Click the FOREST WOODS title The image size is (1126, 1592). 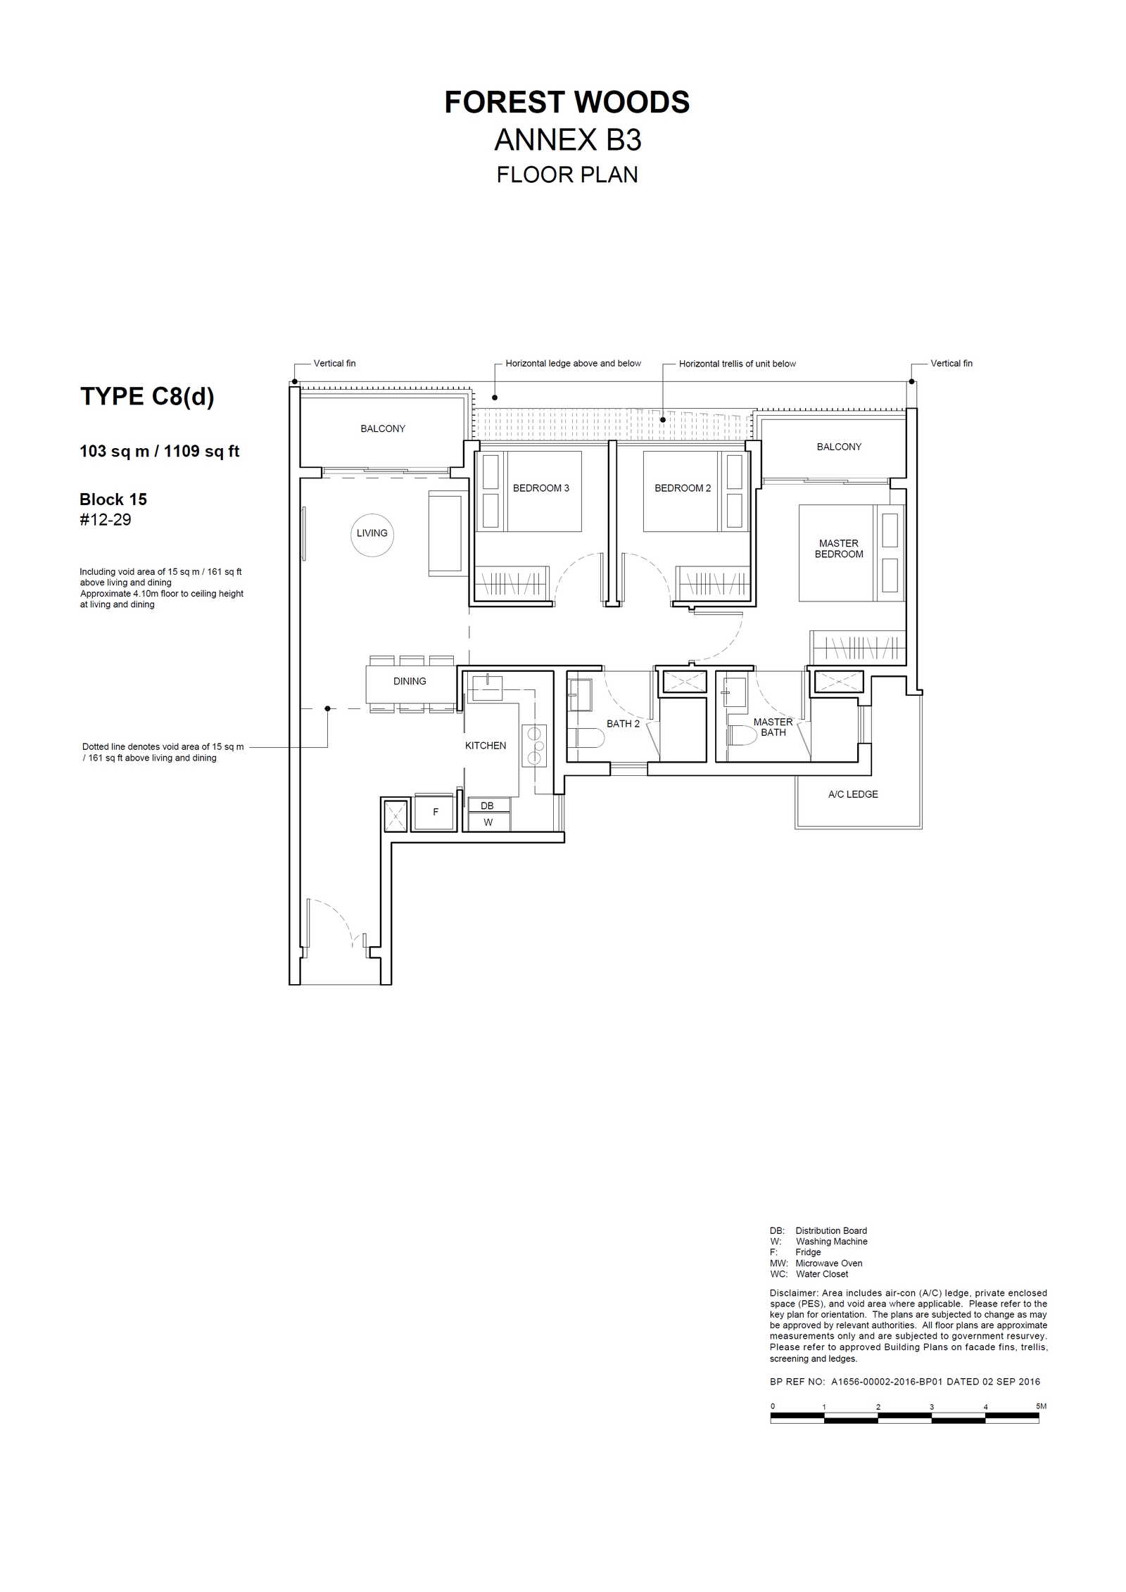[x=567, y=103]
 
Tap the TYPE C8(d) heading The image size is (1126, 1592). [x=147, y=397]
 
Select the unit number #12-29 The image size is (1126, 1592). [x=106, y=520]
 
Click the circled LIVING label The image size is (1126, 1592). [x=372, y=534]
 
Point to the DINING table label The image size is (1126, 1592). [x=410, y=681]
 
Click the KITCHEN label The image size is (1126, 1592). [x=486, y=746]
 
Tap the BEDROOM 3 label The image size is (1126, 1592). [x=540, y=488]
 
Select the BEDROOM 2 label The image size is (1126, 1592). [x=683, y=488]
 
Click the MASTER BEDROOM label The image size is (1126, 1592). [x=839, y=549]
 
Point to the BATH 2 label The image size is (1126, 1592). [x=623, y=724]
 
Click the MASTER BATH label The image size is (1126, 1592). [x=773, y=727]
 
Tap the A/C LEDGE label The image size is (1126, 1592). [x=853, y=794]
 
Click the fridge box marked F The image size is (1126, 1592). [x=435, y=812]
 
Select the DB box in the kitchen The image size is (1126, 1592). [x=488, y=805]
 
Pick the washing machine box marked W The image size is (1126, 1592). [x=488, y=822]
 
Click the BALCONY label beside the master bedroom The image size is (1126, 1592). [x=839, y=447]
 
